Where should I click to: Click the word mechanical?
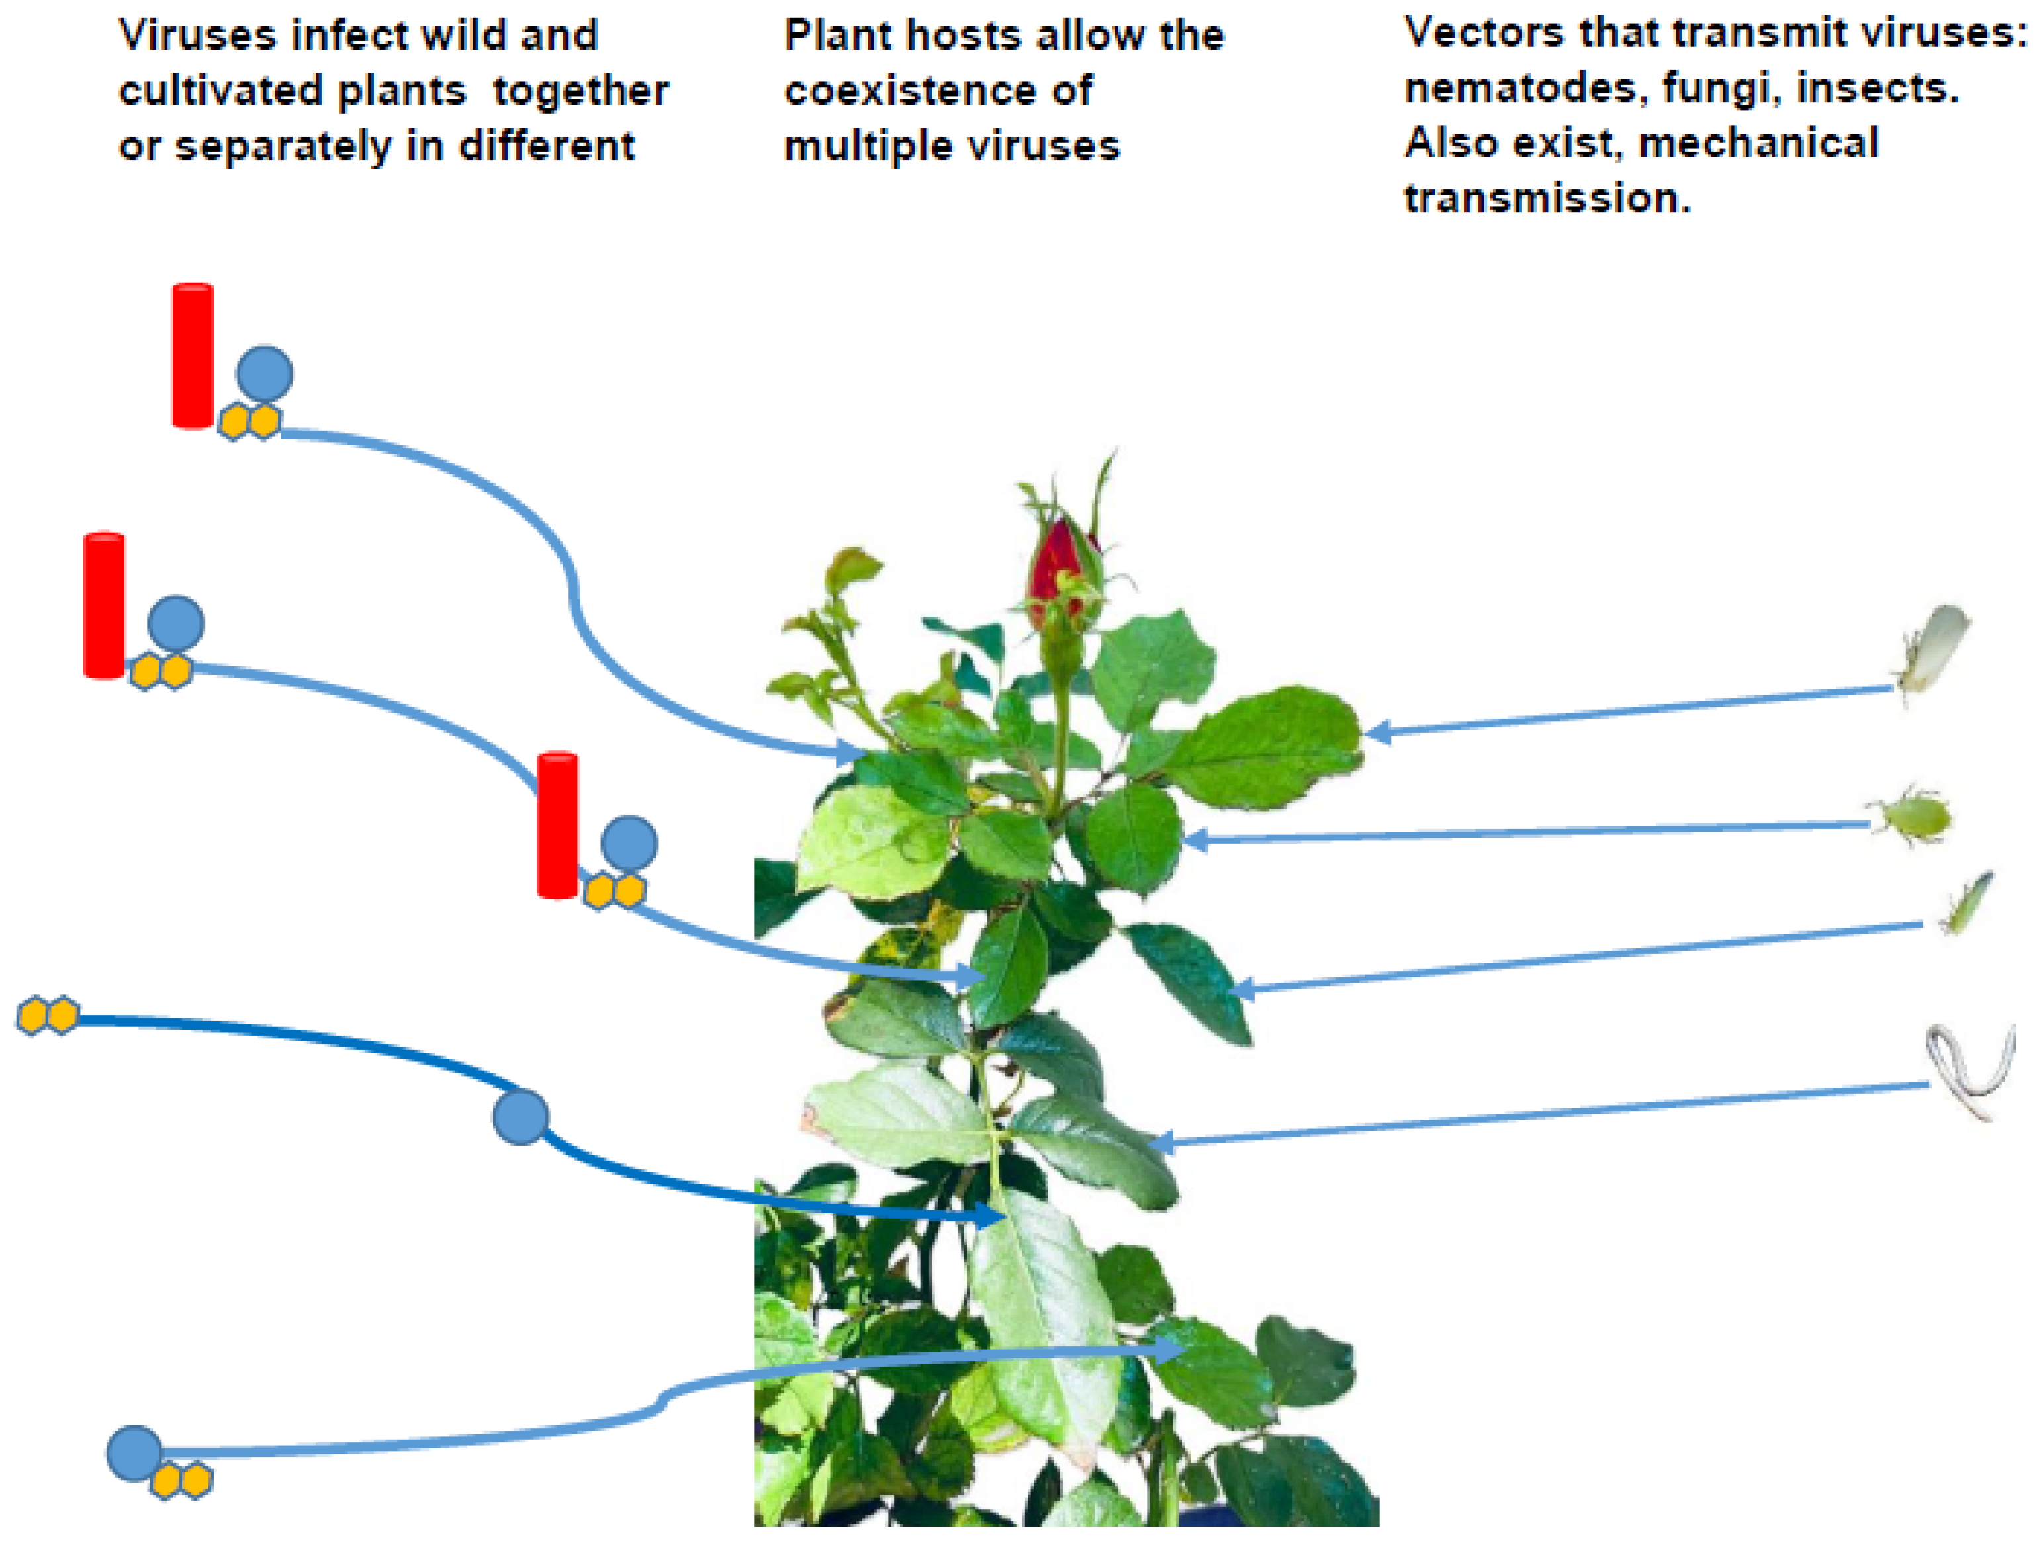click(x=1758, y=144)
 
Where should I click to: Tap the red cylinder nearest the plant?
click(x=557, y=825)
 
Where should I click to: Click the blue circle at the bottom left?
click(x=134, y=1454)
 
